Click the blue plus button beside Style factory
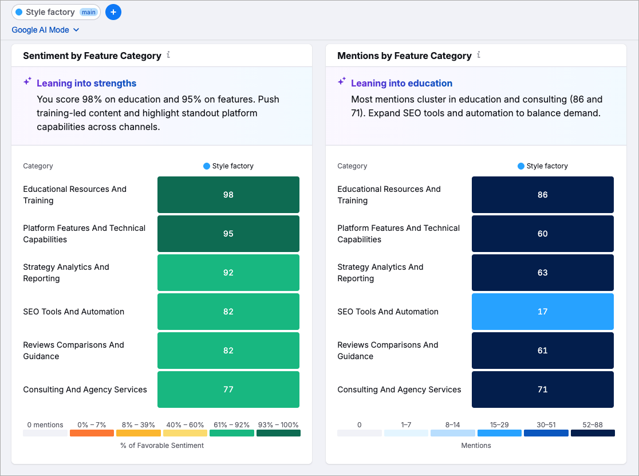click(113, 12)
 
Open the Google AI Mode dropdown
click(45, 30)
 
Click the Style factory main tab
click(56, 12)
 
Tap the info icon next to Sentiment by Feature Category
click(168, 55)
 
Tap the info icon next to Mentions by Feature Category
click(479, 55)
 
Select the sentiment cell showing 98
click(228, 195)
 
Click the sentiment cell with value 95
click(228, 234)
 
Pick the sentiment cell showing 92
click(228, 273)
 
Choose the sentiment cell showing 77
click(228, 390)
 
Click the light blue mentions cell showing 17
click(542, 312)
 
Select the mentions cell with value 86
click(542, 195)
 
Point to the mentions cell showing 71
click(542, 390)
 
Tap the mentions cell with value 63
click(542, 273)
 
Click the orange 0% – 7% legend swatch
click(92, 433)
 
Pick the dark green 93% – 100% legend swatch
click(278, 433)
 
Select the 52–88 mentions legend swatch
click(593, 433)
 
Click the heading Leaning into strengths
click(86, 83)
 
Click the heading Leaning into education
click(401, 83)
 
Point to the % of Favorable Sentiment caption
click(162, 445)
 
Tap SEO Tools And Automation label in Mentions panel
click(388, 312)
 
